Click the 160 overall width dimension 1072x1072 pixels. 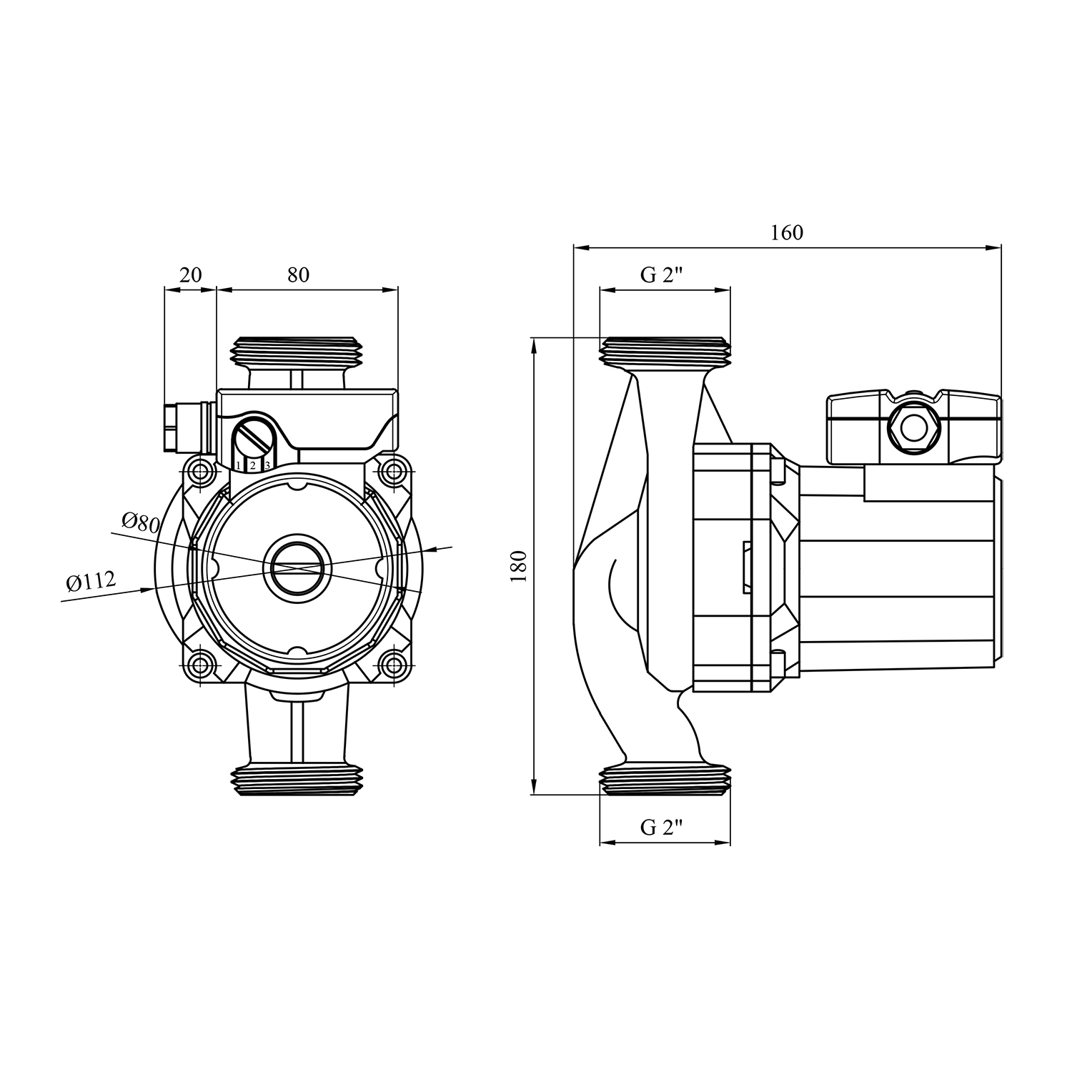(786, 233)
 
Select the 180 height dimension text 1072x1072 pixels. (520, 566)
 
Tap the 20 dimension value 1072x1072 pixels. (191, 274)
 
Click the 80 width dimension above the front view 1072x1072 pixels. (298, 274)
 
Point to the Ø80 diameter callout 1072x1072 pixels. (140, 522)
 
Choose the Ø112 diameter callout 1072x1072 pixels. (91, 582)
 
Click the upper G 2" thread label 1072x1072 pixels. (662, 275)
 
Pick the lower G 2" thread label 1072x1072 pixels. (662, 828)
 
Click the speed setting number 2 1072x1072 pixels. (252, 465)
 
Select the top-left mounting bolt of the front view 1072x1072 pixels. (202, 472)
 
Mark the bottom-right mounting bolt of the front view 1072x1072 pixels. (392, 664)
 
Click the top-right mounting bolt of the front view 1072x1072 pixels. (392, 472)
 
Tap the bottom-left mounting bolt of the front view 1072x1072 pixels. (202, 664)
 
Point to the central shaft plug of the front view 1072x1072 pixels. (297, 567)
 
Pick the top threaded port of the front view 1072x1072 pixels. (297, 352)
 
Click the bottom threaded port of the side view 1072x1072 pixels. (665, 779)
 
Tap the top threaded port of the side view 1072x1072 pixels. (665, 352)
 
